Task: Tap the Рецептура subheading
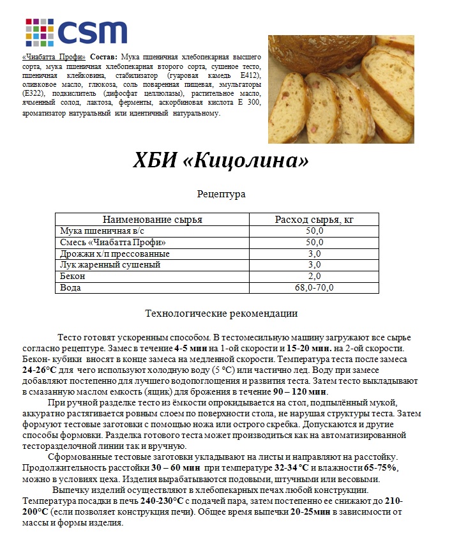coord(222,193)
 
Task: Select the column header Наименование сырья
coord(153,220)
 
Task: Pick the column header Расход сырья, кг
coord(314,220)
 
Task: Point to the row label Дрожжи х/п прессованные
coord(114,253)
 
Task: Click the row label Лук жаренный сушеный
coord(110,265)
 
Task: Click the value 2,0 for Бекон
coord(314,276)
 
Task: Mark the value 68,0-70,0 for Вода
coord(314,288)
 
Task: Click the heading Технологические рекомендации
coord(222,314)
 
